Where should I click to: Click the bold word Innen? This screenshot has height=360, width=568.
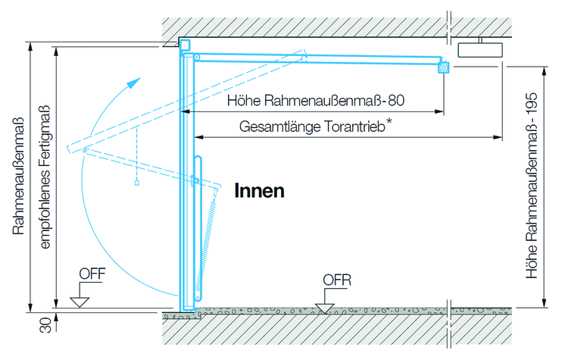259,190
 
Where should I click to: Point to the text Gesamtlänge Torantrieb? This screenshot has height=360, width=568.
311,127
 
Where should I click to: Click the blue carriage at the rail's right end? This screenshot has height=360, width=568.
444,67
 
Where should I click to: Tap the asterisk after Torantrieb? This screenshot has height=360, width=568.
389,120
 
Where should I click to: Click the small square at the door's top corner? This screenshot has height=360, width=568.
185,45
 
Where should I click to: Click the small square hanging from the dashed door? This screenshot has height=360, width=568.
136,183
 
